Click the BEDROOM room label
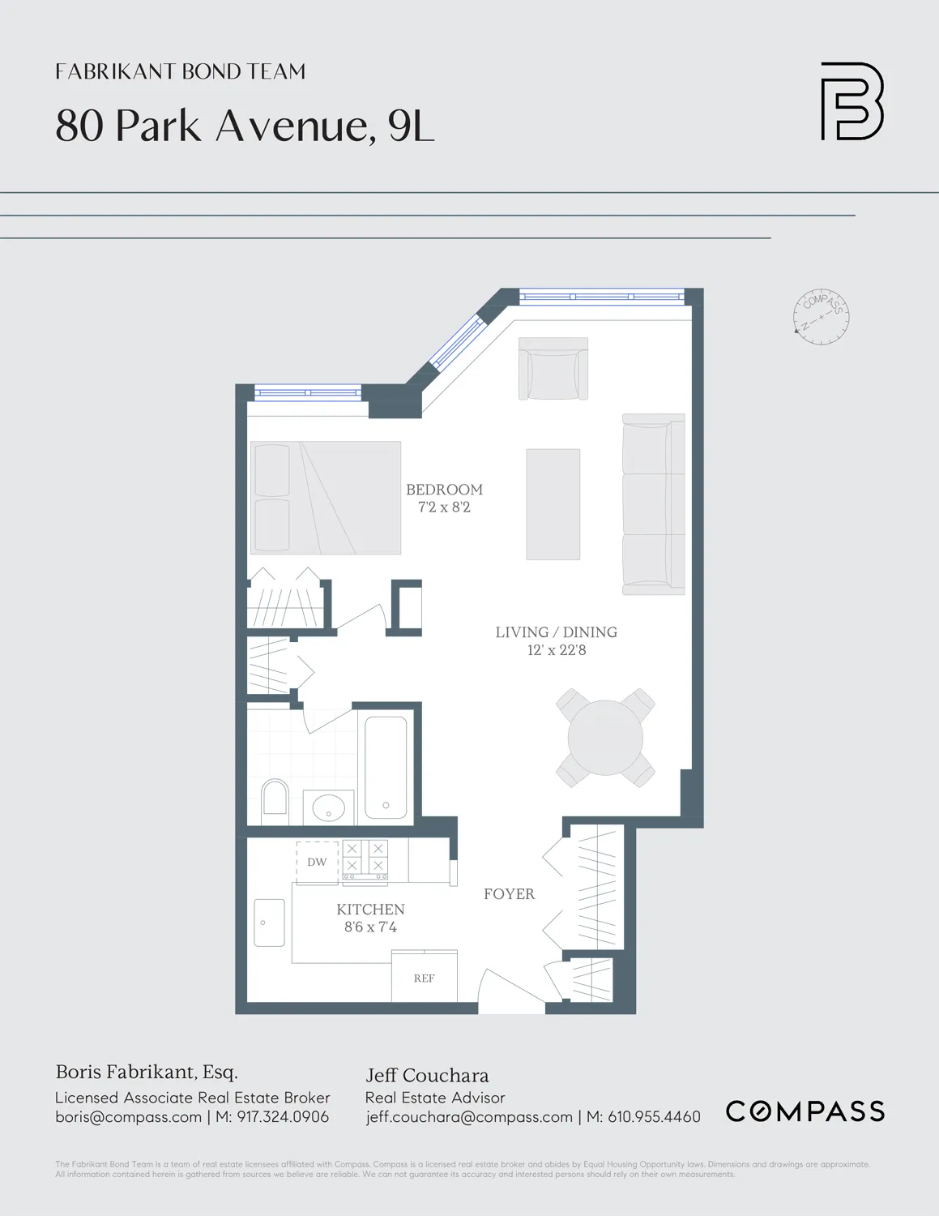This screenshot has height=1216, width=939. click(x=444, y=490)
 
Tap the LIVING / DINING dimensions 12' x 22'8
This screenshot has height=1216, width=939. click(x=556, y=650)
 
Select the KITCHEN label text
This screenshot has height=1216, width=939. click(x=370, y=910)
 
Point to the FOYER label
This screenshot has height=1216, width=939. click(x=509, y=894)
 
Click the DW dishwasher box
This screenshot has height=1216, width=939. click(x=317, y=862)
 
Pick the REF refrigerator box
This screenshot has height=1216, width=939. click(x=425, y=978)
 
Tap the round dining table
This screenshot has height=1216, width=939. click(x=605, y=738)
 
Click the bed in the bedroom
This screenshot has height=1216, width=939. click(x=326, y=498)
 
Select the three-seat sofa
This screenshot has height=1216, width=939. click(x=653, y=504)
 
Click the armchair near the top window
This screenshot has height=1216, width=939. click(x=553, y=369)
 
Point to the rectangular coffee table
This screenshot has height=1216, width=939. click(x=553, y=504)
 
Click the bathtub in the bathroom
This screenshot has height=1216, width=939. click(x=386, y=767)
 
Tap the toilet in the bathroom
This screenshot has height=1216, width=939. click(x=275, y=797)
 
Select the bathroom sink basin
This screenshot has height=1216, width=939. click(x=328, y=807)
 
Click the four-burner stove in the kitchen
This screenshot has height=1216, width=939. click(x=365, y=859)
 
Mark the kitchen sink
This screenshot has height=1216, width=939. click(x=269, y=923)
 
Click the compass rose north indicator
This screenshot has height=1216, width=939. click(x=821, y=316)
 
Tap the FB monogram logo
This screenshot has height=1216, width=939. click(x=852, y=101)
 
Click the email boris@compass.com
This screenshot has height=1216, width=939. click(x=128, y=1117)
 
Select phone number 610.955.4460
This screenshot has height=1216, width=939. click(x=654, y=1117)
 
